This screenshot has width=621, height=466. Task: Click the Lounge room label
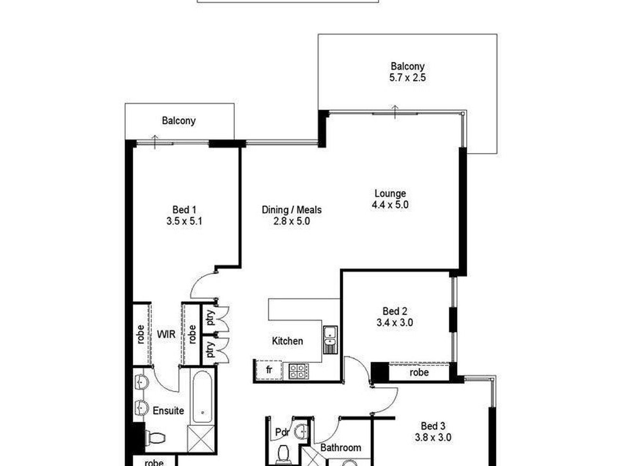390,193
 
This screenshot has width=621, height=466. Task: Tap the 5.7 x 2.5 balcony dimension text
407,78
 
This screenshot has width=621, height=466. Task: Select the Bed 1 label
184,210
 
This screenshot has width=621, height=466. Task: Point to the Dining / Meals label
292,210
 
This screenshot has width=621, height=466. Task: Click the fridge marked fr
269,370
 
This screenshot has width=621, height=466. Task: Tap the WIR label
166,334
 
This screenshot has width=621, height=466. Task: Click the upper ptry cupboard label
211,317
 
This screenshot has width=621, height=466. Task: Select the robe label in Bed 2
419,372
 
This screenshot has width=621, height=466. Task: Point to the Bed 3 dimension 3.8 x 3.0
433,437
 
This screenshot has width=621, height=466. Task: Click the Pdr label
282,432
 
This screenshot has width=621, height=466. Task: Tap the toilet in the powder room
282,453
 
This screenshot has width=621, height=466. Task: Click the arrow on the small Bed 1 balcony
155,141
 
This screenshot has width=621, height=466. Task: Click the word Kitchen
287,341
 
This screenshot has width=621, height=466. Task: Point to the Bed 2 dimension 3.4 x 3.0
394,323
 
